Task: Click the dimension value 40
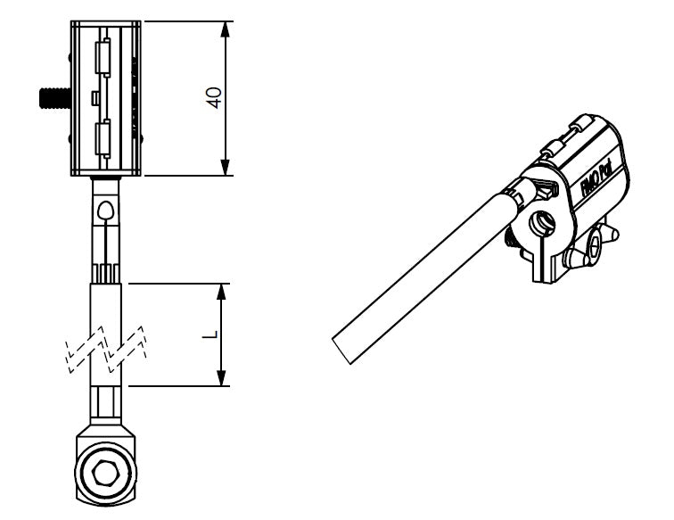tap(213, 98)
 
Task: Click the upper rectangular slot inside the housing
tap(102, 60)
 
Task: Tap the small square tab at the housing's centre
tap(95, 95)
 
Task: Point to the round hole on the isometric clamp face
tap(542, 220)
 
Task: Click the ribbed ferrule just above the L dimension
tap(105, 272)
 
